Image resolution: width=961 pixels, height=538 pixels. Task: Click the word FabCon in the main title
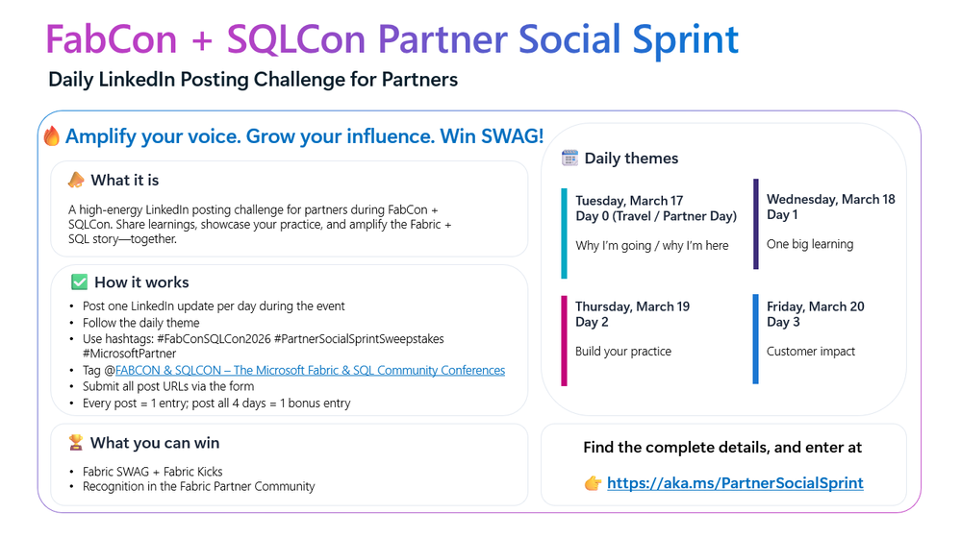pos(112,39)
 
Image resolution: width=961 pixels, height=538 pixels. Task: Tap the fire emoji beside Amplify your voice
pos(52,135)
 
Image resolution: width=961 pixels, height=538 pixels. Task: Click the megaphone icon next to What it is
pos(76,180)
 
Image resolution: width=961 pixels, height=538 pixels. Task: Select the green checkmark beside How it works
pos(79,282)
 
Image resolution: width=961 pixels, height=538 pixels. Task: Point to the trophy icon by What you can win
pos(75,443)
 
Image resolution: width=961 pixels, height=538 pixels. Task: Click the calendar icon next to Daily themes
pos(570,158)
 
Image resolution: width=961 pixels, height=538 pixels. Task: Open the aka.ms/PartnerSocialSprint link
pos(735,483)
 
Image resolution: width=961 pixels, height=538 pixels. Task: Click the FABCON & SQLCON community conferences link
pos(310,370)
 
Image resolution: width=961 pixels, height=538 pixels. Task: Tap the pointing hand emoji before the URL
pos(593,483)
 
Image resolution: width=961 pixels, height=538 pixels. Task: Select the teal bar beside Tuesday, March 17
pos(565,233)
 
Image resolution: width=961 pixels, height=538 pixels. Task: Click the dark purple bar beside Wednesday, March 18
pos(756,224)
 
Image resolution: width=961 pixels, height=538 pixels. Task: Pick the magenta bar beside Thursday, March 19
pos(565,341)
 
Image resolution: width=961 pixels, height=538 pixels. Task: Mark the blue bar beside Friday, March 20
pos(756,339)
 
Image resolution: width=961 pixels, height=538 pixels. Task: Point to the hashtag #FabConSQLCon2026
pos(214,339)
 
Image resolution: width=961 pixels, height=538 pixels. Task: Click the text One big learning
pos(810,244)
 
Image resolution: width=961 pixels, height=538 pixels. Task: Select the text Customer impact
pos(810,352)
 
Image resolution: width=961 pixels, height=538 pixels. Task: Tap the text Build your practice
pos(623,352)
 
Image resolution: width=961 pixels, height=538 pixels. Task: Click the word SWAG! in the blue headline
pos(513,135)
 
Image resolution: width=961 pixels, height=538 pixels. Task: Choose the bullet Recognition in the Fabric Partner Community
pos(198,486)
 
